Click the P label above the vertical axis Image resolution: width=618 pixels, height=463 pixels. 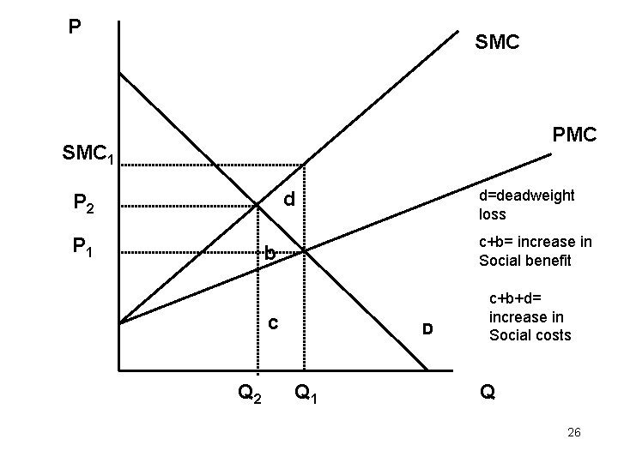click(x=76, y=27)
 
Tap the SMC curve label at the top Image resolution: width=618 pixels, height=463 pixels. click(x=497, y=41)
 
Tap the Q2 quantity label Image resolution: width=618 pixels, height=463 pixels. click(x=251, y=394)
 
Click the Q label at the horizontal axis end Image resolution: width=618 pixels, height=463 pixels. click(x=488, y=394)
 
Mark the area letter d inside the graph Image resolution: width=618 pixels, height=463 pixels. click(x=290, y=200)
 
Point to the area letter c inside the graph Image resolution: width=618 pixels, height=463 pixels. click(x=271, y=323)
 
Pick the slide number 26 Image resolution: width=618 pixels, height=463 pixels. click(x=574, y=432)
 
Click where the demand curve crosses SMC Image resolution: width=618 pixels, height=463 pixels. click(x=258, y=205)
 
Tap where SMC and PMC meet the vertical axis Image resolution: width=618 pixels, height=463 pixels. click(x=119, y=323)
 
